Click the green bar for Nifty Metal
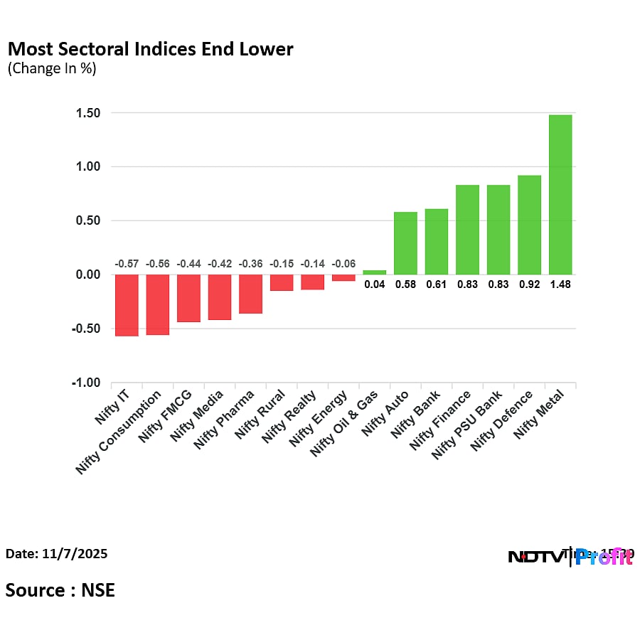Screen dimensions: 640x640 click(x=560, y=194)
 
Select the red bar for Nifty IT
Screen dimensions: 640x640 click(x=127, y=305)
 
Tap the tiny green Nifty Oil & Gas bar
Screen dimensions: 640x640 click(x=375, y=272)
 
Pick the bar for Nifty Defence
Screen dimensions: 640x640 click(x=529, y=225)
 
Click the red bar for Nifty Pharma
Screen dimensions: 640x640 click(x=250, y=294)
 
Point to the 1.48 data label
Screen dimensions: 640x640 click(x=560, y=284)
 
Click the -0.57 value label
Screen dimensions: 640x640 click(x=127, y=264)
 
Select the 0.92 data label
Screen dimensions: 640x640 click(x=529, y=284)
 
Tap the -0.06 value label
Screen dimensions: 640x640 click(x=343, y=264)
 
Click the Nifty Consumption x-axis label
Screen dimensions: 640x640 click(x=125, y=432)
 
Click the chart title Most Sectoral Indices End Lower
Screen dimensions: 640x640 click(x=150, y=49)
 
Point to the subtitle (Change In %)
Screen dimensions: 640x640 click(x=52, y=69)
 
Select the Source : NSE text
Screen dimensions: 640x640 click(x=60, y=590)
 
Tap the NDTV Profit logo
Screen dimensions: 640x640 click(x=570, y=556)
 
